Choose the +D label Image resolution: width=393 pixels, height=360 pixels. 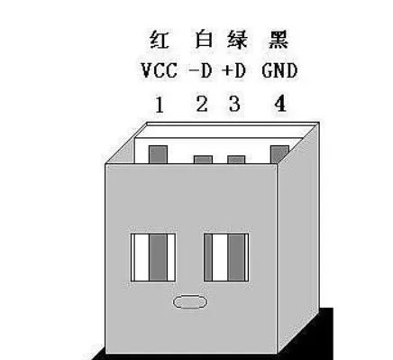[234, 70]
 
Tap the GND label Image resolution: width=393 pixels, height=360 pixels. [281, 70]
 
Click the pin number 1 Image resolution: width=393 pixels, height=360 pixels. [160, 104]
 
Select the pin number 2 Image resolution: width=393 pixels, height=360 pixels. [202, 104]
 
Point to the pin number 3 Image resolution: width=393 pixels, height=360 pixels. [234, 104]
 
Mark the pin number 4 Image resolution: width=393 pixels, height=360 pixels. [280, 104]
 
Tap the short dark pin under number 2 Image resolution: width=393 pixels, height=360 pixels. [203, 160]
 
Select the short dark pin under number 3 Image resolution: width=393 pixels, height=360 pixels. [236, 160]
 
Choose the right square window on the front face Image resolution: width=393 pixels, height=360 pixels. [224, 256]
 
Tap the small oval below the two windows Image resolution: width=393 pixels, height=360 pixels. [189, 302]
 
